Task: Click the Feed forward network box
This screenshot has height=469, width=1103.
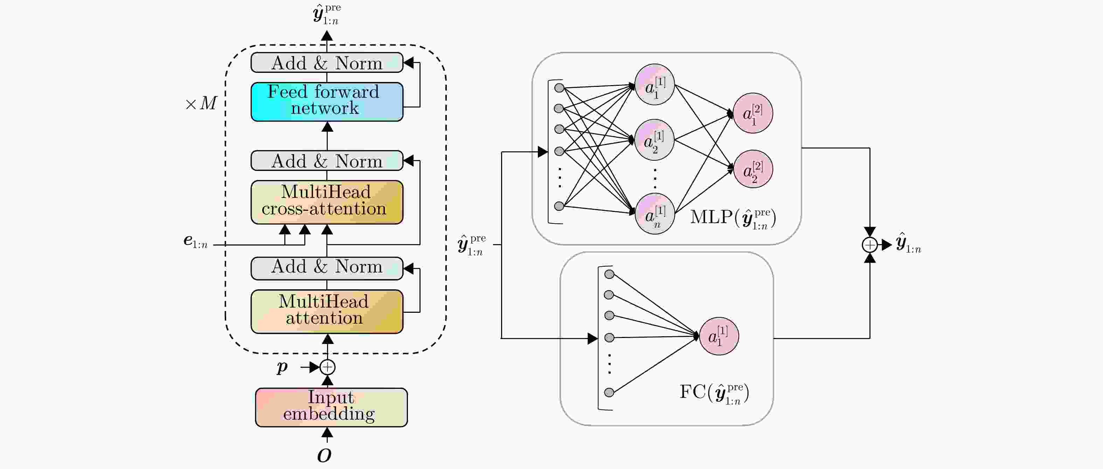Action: coord(327,102)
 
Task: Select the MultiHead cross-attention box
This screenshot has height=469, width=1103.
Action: coord(327,202)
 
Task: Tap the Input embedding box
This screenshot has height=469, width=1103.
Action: coord(331,407)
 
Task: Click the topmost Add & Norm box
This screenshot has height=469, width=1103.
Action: coord(327,63)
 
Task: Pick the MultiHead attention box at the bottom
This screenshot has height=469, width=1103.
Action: coord(327,311)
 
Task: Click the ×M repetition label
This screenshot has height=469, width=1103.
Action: coord(201,103)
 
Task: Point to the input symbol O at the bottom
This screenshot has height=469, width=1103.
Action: coord(324,456)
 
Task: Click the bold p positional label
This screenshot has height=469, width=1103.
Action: coord(282,367)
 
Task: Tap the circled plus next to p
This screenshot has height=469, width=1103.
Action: coord(327,367)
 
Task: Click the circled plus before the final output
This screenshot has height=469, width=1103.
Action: coord(870,244)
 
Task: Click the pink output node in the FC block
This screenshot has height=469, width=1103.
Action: coord(719,336)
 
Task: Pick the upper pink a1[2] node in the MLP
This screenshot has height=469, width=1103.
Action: coord(753,113)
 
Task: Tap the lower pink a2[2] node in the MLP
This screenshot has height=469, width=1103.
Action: coord(753,169)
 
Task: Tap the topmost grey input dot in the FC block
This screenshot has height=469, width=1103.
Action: coord(609,274)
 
